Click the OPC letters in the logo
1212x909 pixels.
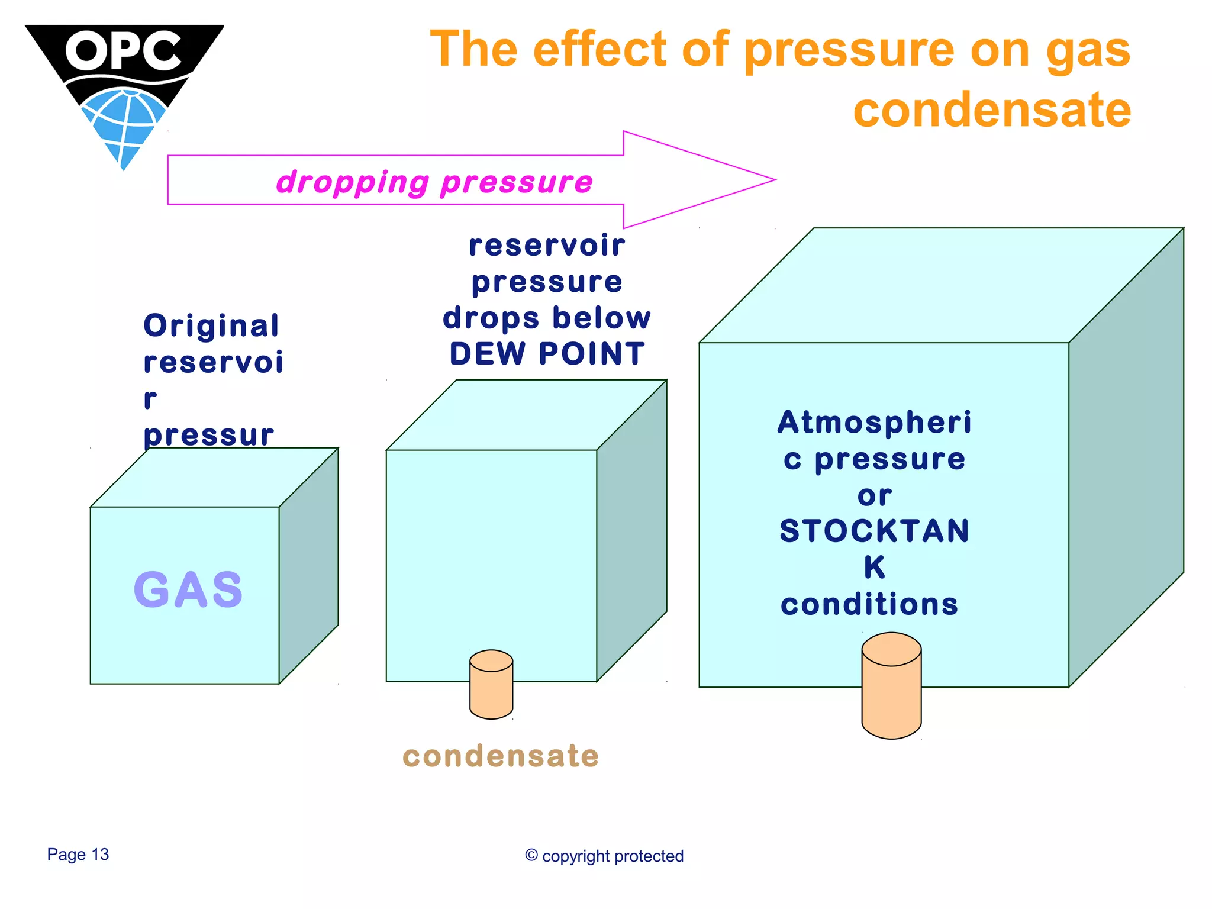tap(123, 51)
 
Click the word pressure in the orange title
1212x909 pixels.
tap(849, 51)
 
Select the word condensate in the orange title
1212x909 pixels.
tap(992, 110)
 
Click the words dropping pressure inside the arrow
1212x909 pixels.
tap(434, 182)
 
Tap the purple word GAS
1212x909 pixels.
tap(188, 589)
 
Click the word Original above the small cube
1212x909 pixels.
tap(211, 325)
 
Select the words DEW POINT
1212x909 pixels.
tap(547, 354)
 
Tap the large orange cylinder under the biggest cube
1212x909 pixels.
tap(891, 686)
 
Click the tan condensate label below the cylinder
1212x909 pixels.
tap(501, 756)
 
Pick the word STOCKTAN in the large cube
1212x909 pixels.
tap(875, 531)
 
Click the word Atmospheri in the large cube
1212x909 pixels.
tap(875, 423)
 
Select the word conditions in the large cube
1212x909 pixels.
tap(869, 604)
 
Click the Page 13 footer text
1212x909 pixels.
tap(78, 855)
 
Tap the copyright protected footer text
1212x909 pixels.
tap(604, 856)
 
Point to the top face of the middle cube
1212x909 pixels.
tap(527, 414)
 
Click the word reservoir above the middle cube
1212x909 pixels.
tap(547, 246)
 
